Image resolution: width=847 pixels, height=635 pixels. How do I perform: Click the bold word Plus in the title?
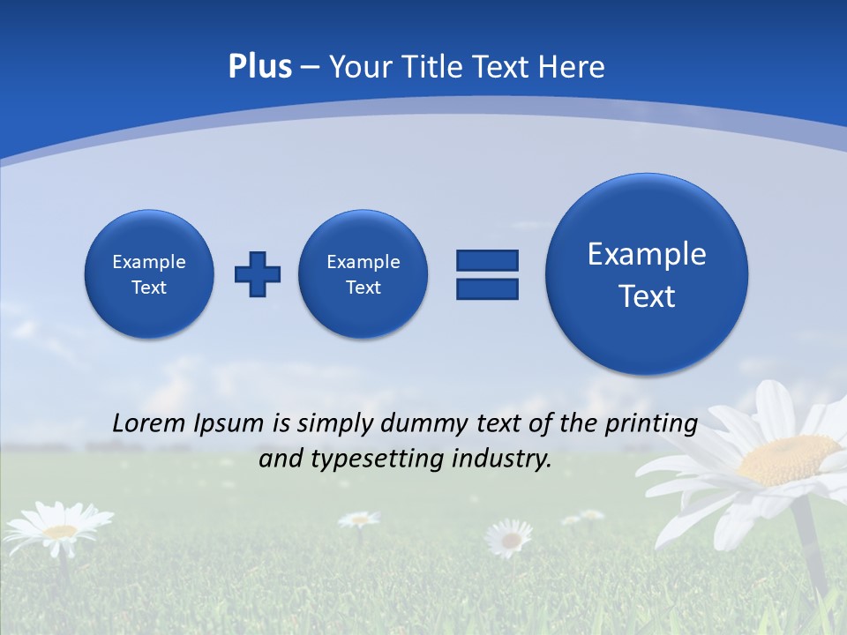point(259,67)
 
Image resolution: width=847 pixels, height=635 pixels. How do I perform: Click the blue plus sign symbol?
point(258,274)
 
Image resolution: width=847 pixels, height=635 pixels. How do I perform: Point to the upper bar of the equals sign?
point(487,260)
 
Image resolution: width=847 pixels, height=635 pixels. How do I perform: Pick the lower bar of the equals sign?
point(487,288)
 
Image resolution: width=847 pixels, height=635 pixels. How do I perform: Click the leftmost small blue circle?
point(149,274)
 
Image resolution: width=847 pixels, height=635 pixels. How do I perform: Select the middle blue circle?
point(363,274)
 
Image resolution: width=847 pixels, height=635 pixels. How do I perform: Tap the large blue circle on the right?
point(647,274)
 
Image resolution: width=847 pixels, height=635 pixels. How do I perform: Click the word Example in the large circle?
point(647,254)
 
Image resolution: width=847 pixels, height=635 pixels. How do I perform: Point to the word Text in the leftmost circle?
point(149,288)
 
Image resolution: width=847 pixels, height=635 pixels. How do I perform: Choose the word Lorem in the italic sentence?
point(150,423)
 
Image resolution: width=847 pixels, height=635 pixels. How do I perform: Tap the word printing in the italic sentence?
point(652,424)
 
